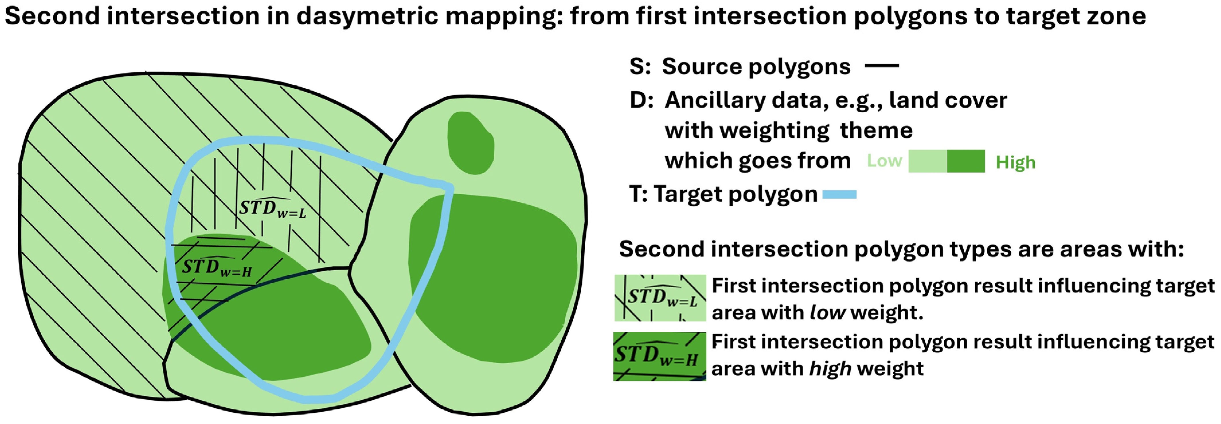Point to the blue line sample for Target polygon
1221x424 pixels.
click(x=839, y=194)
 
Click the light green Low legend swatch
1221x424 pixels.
click(x=928, y=161)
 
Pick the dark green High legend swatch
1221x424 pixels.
click(x=966, y=161)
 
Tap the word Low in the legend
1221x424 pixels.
click(x=884, y=161)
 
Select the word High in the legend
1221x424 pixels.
click(x=1015, y=162)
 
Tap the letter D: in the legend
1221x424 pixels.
click(x=642, y=100)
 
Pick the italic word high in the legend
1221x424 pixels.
click(x=831, y=369)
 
